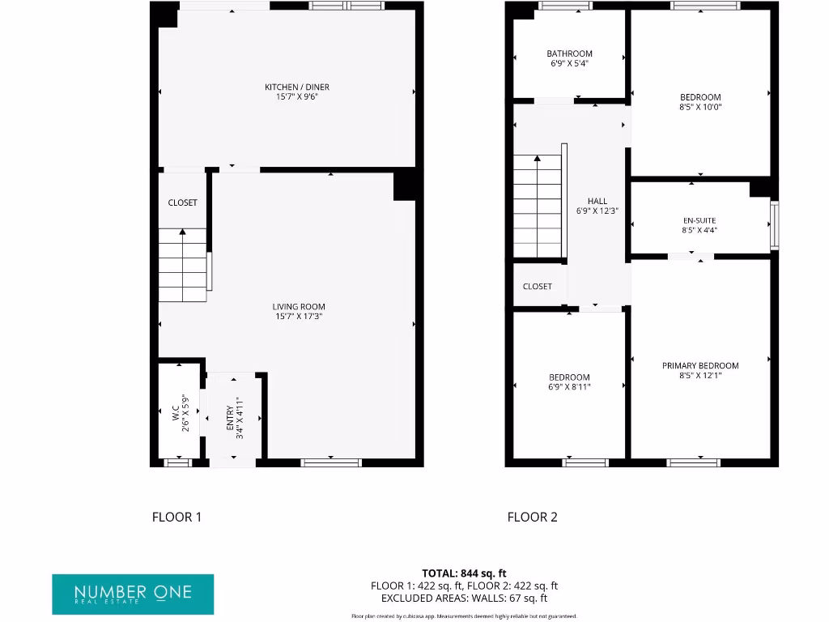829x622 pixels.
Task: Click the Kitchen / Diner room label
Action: tap(297, 87)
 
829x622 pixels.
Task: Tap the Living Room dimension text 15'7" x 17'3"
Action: tap(299, 317)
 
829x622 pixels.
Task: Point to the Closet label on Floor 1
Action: tap(182, 202)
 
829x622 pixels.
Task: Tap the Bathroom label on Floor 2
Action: tap(569, 54)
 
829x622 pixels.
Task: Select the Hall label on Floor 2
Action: tap(597, 202)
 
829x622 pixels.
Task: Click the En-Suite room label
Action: tap(699, 220)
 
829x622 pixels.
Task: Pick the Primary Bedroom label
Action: tap(700, 366)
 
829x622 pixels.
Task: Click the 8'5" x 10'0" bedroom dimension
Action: tap(700, 107)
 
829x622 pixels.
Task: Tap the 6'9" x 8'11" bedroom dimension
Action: tap(569, 387)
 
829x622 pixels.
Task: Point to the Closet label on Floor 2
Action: tap(538, 287)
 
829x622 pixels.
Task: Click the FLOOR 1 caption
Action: tap(176, 517)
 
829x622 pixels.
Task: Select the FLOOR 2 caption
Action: tap(532, 517)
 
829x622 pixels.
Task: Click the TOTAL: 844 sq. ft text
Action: tap(464, 573)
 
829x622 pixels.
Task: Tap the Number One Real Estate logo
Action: tap(133, 594)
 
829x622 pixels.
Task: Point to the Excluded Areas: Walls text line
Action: tap(464, 599)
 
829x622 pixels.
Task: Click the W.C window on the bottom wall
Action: tap(178, 462)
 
